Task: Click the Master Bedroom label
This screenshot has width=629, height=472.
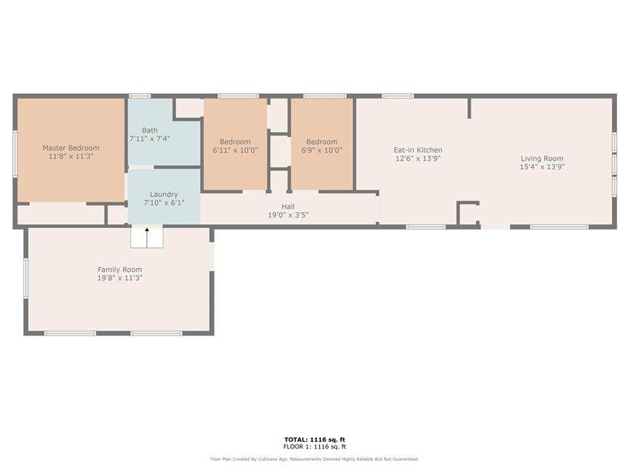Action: point(70,148)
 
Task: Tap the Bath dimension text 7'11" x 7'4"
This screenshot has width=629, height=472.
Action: point(149,139)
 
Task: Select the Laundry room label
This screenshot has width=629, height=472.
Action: point(164,195)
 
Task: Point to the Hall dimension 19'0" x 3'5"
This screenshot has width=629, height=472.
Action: point(288,215)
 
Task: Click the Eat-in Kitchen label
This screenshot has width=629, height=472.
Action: point(418,150)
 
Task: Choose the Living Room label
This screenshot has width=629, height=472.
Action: point(542,158)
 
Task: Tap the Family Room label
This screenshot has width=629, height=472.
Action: point(120,270)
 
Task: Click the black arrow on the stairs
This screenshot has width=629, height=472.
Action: point(147,230)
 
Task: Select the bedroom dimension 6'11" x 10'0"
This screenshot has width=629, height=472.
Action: point(235,150)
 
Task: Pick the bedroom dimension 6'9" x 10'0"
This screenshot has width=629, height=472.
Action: point(322,150)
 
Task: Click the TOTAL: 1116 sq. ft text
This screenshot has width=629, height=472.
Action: point(314,439)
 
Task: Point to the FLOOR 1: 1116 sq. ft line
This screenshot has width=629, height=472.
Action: point(314,446)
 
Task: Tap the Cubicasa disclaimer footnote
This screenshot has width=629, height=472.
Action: point(314,459)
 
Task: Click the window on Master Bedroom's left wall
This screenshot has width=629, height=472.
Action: point(15,153)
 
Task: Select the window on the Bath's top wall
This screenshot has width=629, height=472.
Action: point(139,96)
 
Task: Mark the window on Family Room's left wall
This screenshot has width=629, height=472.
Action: point(26,278)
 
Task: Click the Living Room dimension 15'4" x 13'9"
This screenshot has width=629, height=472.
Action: point(542,167)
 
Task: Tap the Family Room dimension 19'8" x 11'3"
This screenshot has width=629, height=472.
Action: point(120,278)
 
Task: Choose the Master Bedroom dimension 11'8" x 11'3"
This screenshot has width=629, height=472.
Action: point(70,156)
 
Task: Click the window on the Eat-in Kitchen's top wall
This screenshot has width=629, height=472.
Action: point(398,96)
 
